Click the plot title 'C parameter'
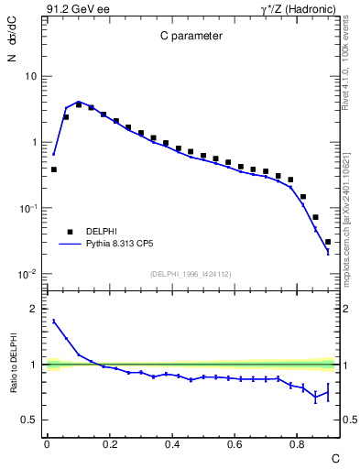[x=188, y=37]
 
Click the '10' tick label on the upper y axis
[x=29, y=76]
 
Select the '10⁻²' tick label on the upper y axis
[x=27, y=274]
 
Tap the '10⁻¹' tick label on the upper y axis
[x=27, y=208]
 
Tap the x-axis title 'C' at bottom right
[x=334, y=456]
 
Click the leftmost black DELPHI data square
[x=54, y=169]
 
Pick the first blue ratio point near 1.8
[x=54, y=321]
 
